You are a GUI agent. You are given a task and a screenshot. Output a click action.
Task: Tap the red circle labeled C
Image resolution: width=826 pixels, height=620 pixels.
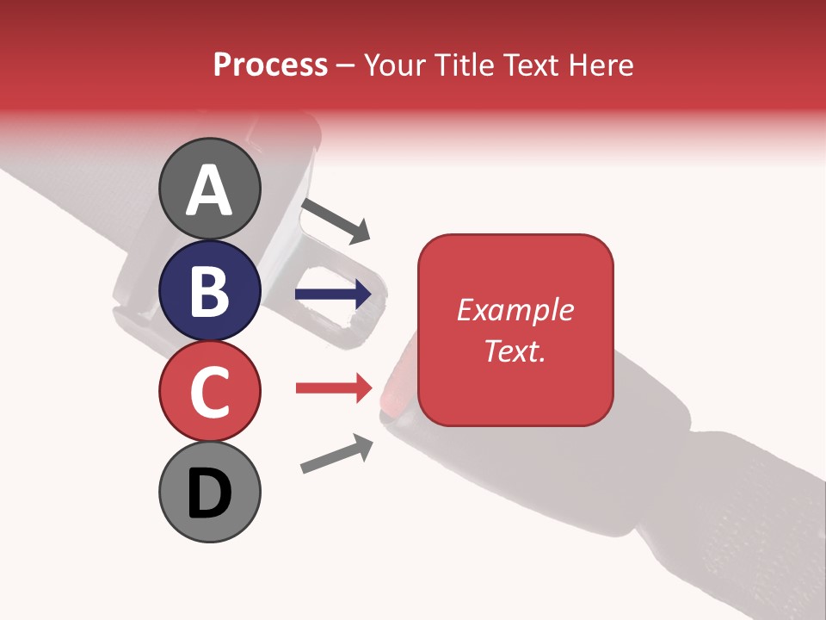tap(210, 391)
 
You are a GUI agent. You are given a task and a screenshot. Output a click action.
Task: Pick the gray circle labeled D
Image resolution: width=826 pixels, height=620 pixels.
tap(210, 492)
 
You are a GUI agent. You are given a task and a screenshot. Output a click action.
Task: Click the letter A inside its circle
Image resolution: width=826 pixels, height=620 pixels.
tap(210, 189)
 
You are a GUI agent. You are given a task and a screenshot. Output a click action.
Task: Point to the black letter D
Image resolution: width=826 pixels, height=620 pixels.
tap(210, 494)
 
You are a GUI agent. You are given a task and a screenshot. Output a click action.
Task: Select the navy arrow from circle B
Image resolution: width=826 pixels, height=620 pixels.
tap(333, 294)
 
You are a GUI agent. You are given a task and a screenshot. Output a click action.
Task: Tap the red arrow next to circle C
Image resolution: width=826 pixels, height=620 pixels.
tap(333, 388)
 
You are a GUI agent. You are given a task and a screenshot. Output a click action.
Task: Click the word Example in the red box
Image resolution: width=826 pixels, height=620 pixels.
tap(515, 310)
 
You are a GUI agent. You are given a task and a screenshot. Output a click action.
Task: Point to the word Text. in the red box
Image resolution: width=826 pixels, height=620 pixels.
tap(515, 350)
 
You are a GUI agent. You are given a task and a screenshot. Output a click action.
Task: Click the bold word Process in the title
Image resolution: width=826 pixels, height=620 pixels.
tap(270, 65)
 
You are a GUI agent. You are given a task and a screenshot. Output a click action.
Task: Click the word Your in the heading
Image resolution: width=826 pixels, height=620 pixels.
tap(395, 65)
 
